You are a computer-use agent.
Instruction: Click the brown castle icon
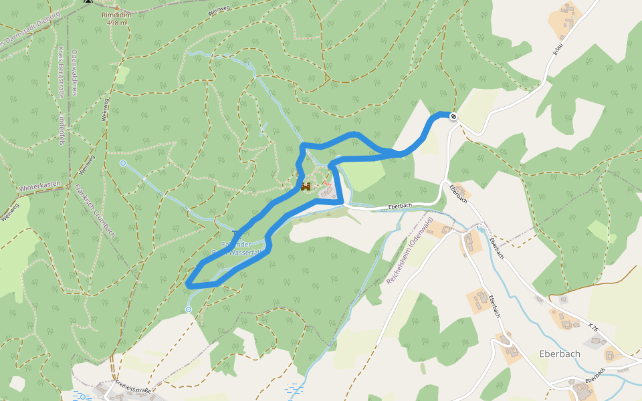(x=306, y=187)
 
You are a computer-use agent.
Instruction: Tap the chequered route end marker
(x=453, y=117)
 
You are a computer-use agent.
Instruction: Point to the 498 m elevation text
(x=116, y=23)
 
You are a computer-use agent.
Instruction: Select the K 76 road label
(x=593, y=327)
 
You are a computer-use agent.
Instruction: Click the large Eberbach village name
(x=559, y=353)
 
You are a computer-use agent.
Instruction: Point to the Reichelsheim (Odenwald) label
(x=410, y=251)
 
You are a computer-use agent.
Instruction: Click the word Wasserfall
(x=249, y=253)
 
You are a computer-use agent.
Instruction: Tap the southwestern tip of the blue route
(x=189, y=285)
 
